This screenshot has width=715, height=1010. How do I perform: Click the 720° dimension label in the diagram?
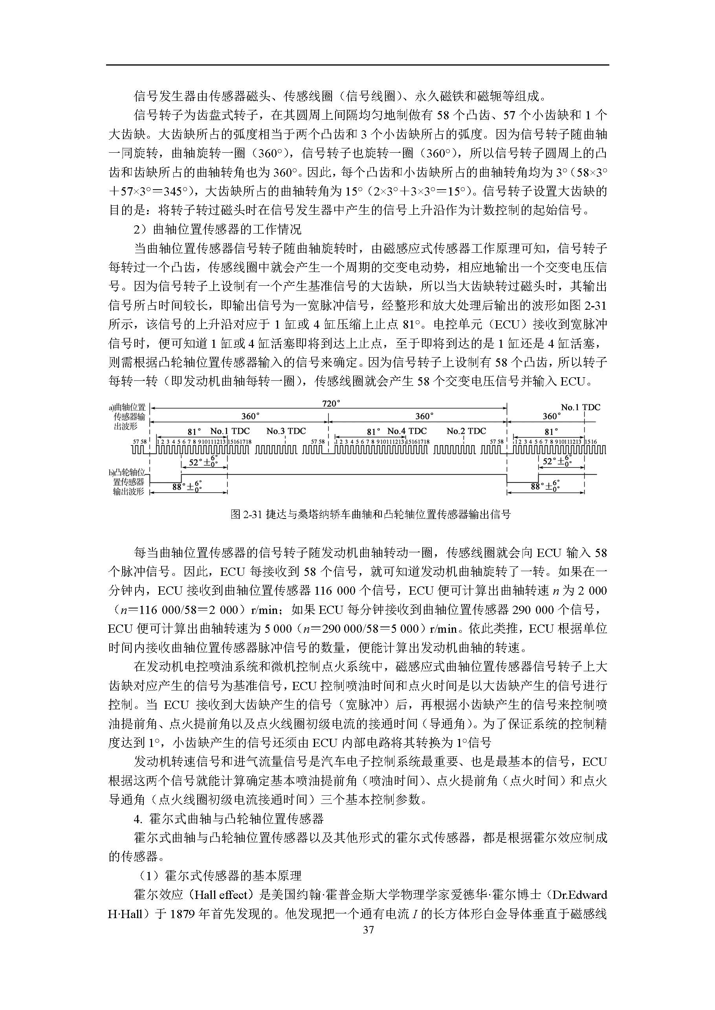(x=331, y=404)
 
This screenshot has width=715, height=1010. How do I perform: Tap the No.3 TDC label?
(x=286, y=431)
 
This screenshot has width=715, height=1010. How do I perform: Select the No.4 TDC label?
(x=407, y=431)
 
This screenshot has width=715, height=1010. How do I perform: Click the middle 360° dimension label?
(x=424, y=416)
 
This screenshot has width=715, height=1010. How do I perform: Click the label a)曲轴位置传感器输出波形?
(x=128, y=416)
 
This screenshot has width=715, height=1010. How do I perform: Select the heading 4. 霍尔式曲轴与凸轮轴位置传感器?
(x=229, y=819)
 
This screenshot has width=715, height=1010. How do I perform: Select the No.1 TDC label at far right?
(x=580, y=407)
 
